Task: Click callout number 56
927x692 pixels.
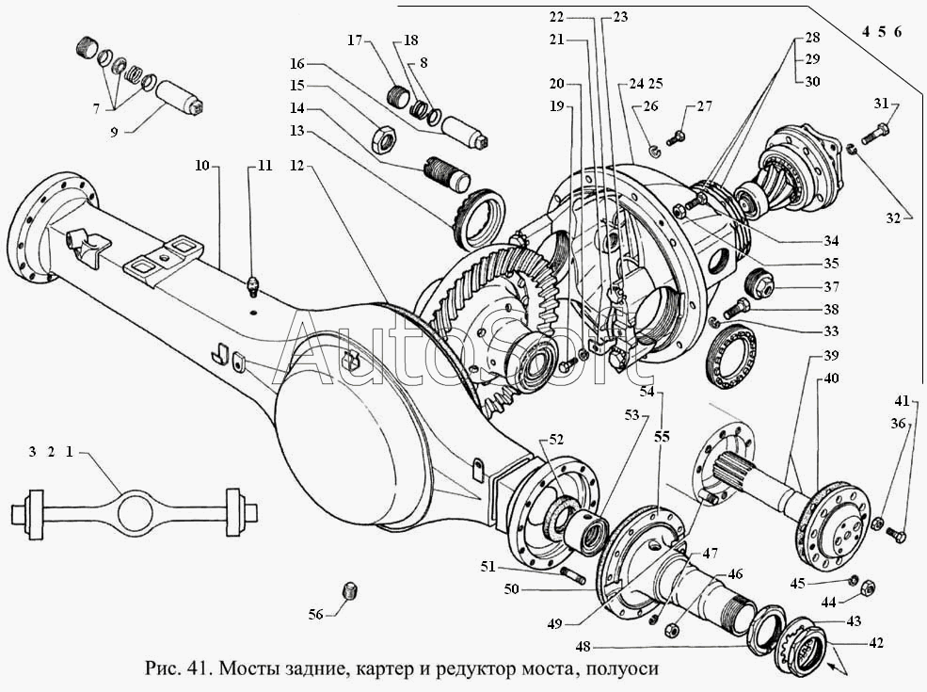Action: (x=315, y=615)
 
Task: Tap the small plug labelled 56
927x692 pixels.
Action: (x=351, y=591)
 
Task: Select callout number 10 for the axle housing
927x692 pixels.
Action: (x=202, y=165)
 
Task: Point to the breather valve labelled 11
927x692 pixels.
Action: (x=253, y=287)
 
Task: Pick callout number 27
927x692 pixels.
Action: (x=704, y=106)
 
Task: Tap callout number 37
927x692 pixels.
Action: (x=831, y=287)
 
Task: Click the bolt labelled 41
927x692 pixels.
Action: (x=896, y=536)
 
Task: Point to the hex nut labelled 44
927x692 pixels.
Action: (x=866, y=587)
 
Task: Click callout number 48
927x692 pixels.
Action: (x=583, y=647)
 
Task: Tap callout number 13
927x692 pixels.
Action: (x=296, y=131)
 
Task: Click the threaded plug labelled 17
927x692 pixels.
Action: (x=400, y=95)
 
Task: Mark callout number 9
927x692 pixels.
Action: (x=114, y=131)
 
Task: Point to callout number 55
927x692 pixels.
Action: (x=663, y=437)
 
